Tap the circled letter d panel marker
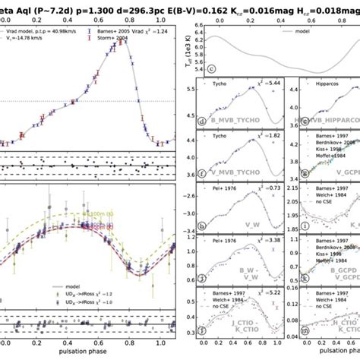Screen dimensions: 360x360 click(x=201, y=121)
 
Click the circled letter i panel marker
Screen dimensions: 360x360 click(x=305, y=225)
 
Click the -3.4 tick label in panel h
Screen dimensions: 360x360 click(x=185, y=219)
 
